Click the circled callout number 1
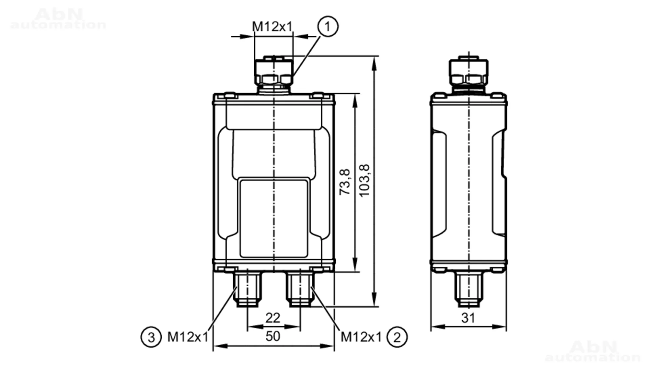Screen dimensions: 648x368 point(328,27)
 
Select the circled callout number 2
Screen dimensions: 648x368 point(397,337)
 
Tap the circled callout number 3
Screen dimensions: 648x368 point(151,337)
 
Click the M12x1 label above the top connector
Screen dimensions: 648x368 point(272,27)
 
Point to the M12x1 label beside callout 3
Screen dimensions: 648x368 point(188,337)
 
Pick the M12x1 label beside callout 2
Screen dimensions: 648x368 point(361,337)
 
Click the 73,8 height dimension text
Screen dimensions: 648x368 point(345,182)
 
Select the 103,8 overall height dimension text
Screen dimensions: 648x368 point(364,180)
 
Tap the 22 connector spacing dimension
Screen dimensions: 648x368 point(273,318)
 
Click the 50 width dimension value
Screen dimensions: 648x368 point(273,336)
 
